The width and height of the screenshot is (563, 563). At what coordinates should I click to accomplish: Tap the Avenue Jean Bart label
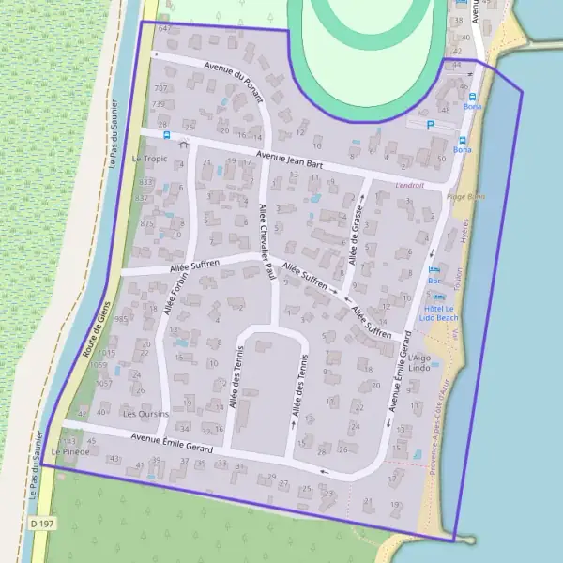click(291, 160)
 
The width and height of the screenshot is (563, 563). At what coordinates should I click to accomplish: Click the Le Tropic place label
click(149, 159)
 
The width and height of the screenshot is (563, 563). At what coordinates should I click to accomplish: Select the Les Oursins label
click(145, 414)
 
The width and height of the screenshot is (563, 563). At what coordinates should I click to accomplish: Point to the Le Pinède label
click(70, 451)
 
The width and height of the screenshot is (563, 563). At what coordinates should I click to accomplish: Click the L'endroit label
click(410, 185)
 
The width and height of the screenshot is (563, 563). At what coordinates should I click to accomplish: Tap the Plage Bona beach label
click(466, 197)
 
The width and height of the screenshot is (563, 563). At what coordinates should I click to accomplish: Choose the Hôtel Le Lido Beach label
click(436, 312)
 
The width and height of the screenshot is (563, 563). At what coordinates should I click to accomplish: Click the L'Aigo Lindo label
click(418, 363)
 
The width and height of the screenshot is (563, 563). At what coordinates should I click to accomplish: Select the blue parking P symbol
click(431, 124)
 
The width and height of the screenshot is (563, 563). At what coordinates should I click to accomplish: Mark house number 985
click(121, 319)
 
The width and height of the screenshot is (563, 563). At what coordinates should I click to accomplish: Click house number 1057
click(104, 384)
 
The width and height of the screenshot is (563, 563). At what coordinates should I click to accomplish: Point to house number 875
click(147, 224)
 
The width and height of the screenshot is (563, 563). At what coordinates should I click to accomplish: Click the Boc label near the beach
click(434, 281)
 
